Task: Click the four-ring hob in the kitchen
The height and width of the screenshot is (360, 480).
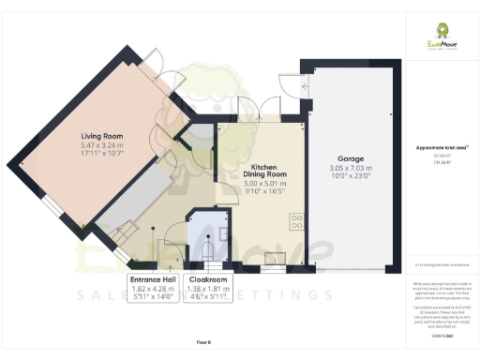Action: point(298,222)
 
